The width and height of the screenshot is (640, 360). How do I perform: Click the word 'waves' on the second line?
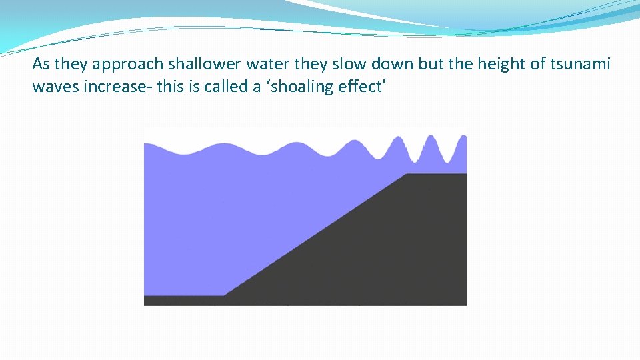(x=56, y=87)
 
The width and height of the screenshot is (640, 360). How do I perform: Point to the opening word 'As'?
(x=41, y=65)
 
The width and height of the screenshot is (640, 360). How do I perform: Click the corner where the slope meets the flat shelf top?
(x=408, y=174)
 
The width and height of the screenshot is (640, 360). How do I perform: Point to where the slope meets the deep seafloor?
(x=225, y=295)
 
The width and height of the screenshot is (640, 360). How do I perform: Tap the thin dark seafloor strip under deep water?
(x=183, y=300)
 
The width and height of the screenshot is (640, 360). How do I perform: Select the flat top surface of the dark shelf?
(x=437, y=175)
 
